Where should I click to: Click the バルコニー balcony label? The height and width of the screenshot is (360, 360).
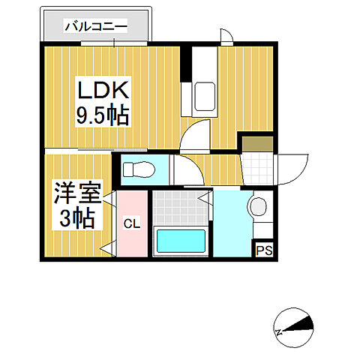pos(96,27)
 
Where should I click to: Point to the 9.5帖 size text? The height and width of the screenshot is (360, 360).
pos(103,116)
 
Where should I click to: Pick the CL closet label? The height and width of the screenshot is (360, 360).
pos(131,223)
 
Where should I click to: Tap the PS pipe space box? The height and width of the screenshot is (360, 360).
pos(265,250)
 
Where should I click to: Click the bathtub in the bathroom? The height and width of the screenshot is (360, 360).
pos(180,242)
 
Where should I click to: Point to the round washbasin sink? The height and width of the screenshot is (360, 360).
pos(258,206)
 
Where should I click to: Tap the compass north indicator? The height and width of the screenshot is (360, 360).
pos(293,324)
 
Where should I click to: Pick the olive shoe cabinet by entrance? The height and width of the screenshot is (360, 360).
pos(254,142)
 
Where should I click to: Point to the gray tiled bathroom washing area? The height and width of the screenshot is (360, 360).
pos(179,207)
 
